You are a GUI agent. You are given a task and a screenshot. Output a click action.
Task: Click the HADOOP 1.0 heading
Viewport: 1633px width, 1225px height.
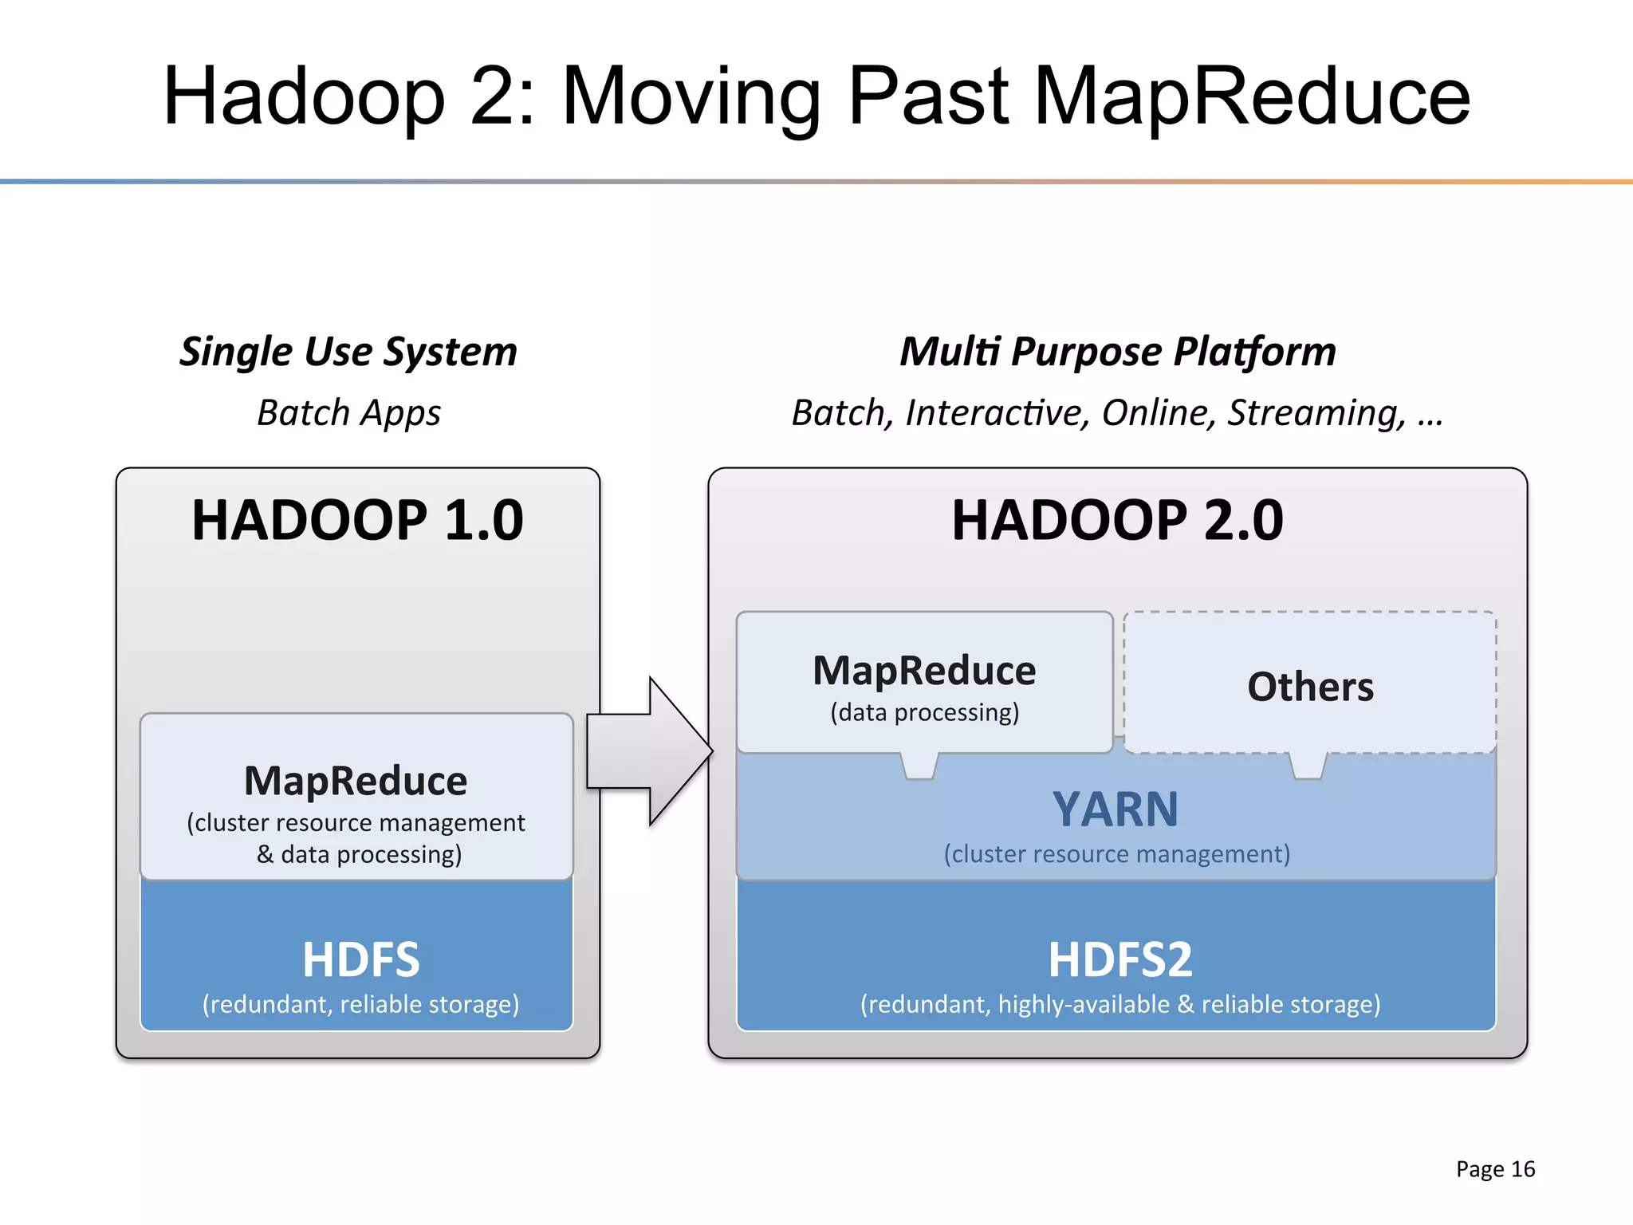tap(357, 521)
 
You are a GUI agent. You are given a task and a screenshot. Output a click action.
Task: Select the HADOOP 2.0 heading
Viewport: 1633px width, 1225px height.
tap(1117, 521)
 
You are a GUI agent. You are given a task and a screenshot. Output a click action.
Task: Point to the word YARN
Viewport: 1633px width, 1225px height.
tap(1116, 809)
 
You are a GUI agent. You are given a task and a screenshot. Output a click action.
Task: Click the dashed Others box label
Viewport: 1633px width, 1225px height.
tap(1310, 687)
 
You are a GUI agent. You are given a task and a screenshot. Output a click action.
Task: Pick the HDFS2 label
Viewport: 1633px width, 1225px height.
tap(1119, 959)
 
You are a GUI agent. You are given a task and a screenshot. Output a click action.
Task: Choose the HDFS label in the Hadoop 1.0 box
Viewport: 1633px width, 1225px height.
tap(360, 959)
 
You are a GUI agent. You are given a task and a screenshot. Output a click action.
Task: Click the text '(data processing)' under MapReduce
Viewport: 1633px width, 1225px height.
tap(924, 712)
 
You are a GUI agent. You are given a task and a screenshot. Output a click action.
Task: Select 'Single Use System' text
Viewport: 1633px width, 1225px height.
tap(348, 352)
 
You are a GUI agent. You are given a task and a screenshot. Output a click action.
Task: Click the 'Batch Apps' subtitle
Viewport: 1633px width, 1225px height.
tap(348, 413)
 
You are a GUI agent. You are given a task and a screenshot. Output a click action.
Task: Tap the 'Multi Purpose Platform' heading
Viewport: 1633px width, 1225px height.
tap(1117, 352)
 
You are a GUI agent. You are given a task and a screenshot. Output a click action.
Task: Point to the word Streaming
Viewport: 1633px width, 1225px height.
tap(1316, 413)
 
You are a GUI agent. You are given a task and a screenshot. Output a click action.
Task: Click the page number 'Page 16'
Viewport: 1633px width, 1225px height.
tap(1495, 1169)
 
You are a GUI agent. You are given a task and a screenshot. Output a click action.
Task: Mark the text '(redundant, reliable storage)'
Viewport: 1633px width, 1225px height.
tap(360, 1004)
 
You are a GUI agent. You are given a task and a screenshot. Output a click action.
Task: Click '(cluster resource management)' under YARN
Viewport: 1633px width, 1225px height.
tap(1116, 854)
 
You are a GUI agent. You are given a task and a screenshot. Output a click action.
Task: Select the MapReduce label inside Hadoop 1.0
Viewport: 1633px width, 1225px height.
tap(356, 781)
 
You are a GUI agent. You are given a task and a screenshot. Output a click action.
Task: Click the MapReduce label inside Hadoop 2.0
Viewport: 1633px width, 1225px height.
tap(924, 671)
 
